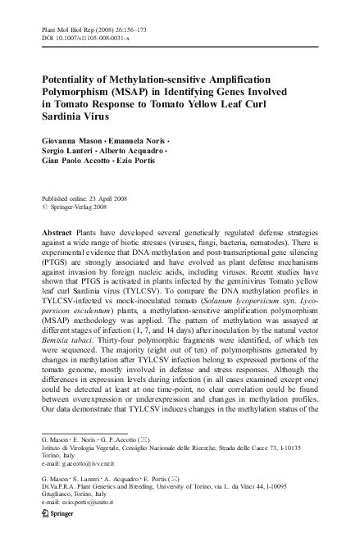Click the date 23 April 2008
(117, 198)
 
